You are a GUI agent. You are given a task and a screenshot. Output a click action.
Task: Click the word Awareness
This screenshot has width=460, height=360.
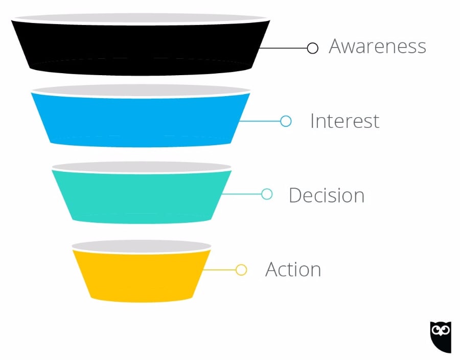coord(377,46)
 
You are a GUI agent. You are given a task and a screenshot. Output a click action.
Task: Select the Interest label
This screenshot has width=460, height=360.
coord(344,121)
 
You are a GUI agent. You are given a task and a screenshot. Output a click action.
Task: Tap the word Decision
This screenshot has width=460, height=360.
coord(326,195)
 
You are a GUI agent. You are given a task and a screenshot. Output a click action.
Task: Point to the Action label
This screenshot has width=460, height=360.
coord(293,269)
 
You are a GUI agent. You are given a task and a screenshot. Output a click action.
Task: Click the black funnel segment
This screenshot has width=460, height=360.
coord(141,46)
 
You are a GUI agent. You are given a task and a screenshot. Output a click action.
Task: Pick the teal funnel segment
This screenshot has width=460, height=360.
coord(142,194)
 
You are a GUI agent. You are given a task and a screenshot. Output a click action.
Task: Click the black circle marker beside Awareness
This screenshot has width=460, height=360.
coord(313,48)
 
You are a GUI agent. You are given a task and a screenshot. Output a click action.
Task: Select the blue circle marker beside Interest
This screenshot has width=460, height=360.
coord(286,121)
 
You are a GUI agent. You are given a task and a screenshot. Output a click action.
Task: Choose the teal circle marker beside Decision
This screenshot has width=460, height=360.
coord(267,194)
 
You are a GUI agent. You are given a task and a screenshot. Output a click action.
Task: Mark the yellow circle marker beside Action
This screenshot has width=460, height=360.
coord(241,269)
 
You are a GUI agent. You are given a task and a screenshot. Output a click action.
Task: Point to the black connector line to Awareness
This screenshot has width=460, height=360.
coord(284,48)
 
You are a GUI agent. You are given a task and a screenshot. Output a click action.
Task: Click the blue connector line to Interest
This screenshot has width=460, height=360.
coord(261,121)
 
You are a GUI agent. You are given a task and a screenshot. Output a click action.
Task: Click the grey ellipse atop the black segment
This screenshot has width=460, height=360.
coord(141,18)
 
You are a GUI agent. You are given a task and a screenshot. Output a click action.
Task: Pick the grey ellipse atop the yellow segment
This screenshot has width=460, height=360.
coord(142,246)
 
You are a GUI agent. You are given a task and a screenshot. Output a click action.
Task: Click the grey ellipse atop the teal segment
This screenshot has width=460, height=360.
coord(142,167)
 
